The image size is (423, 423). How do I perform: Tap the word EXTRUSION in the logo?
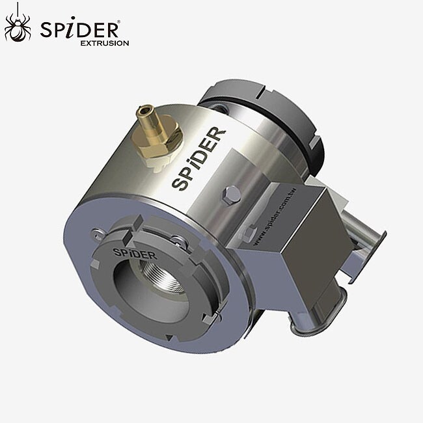coord(104,44)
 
